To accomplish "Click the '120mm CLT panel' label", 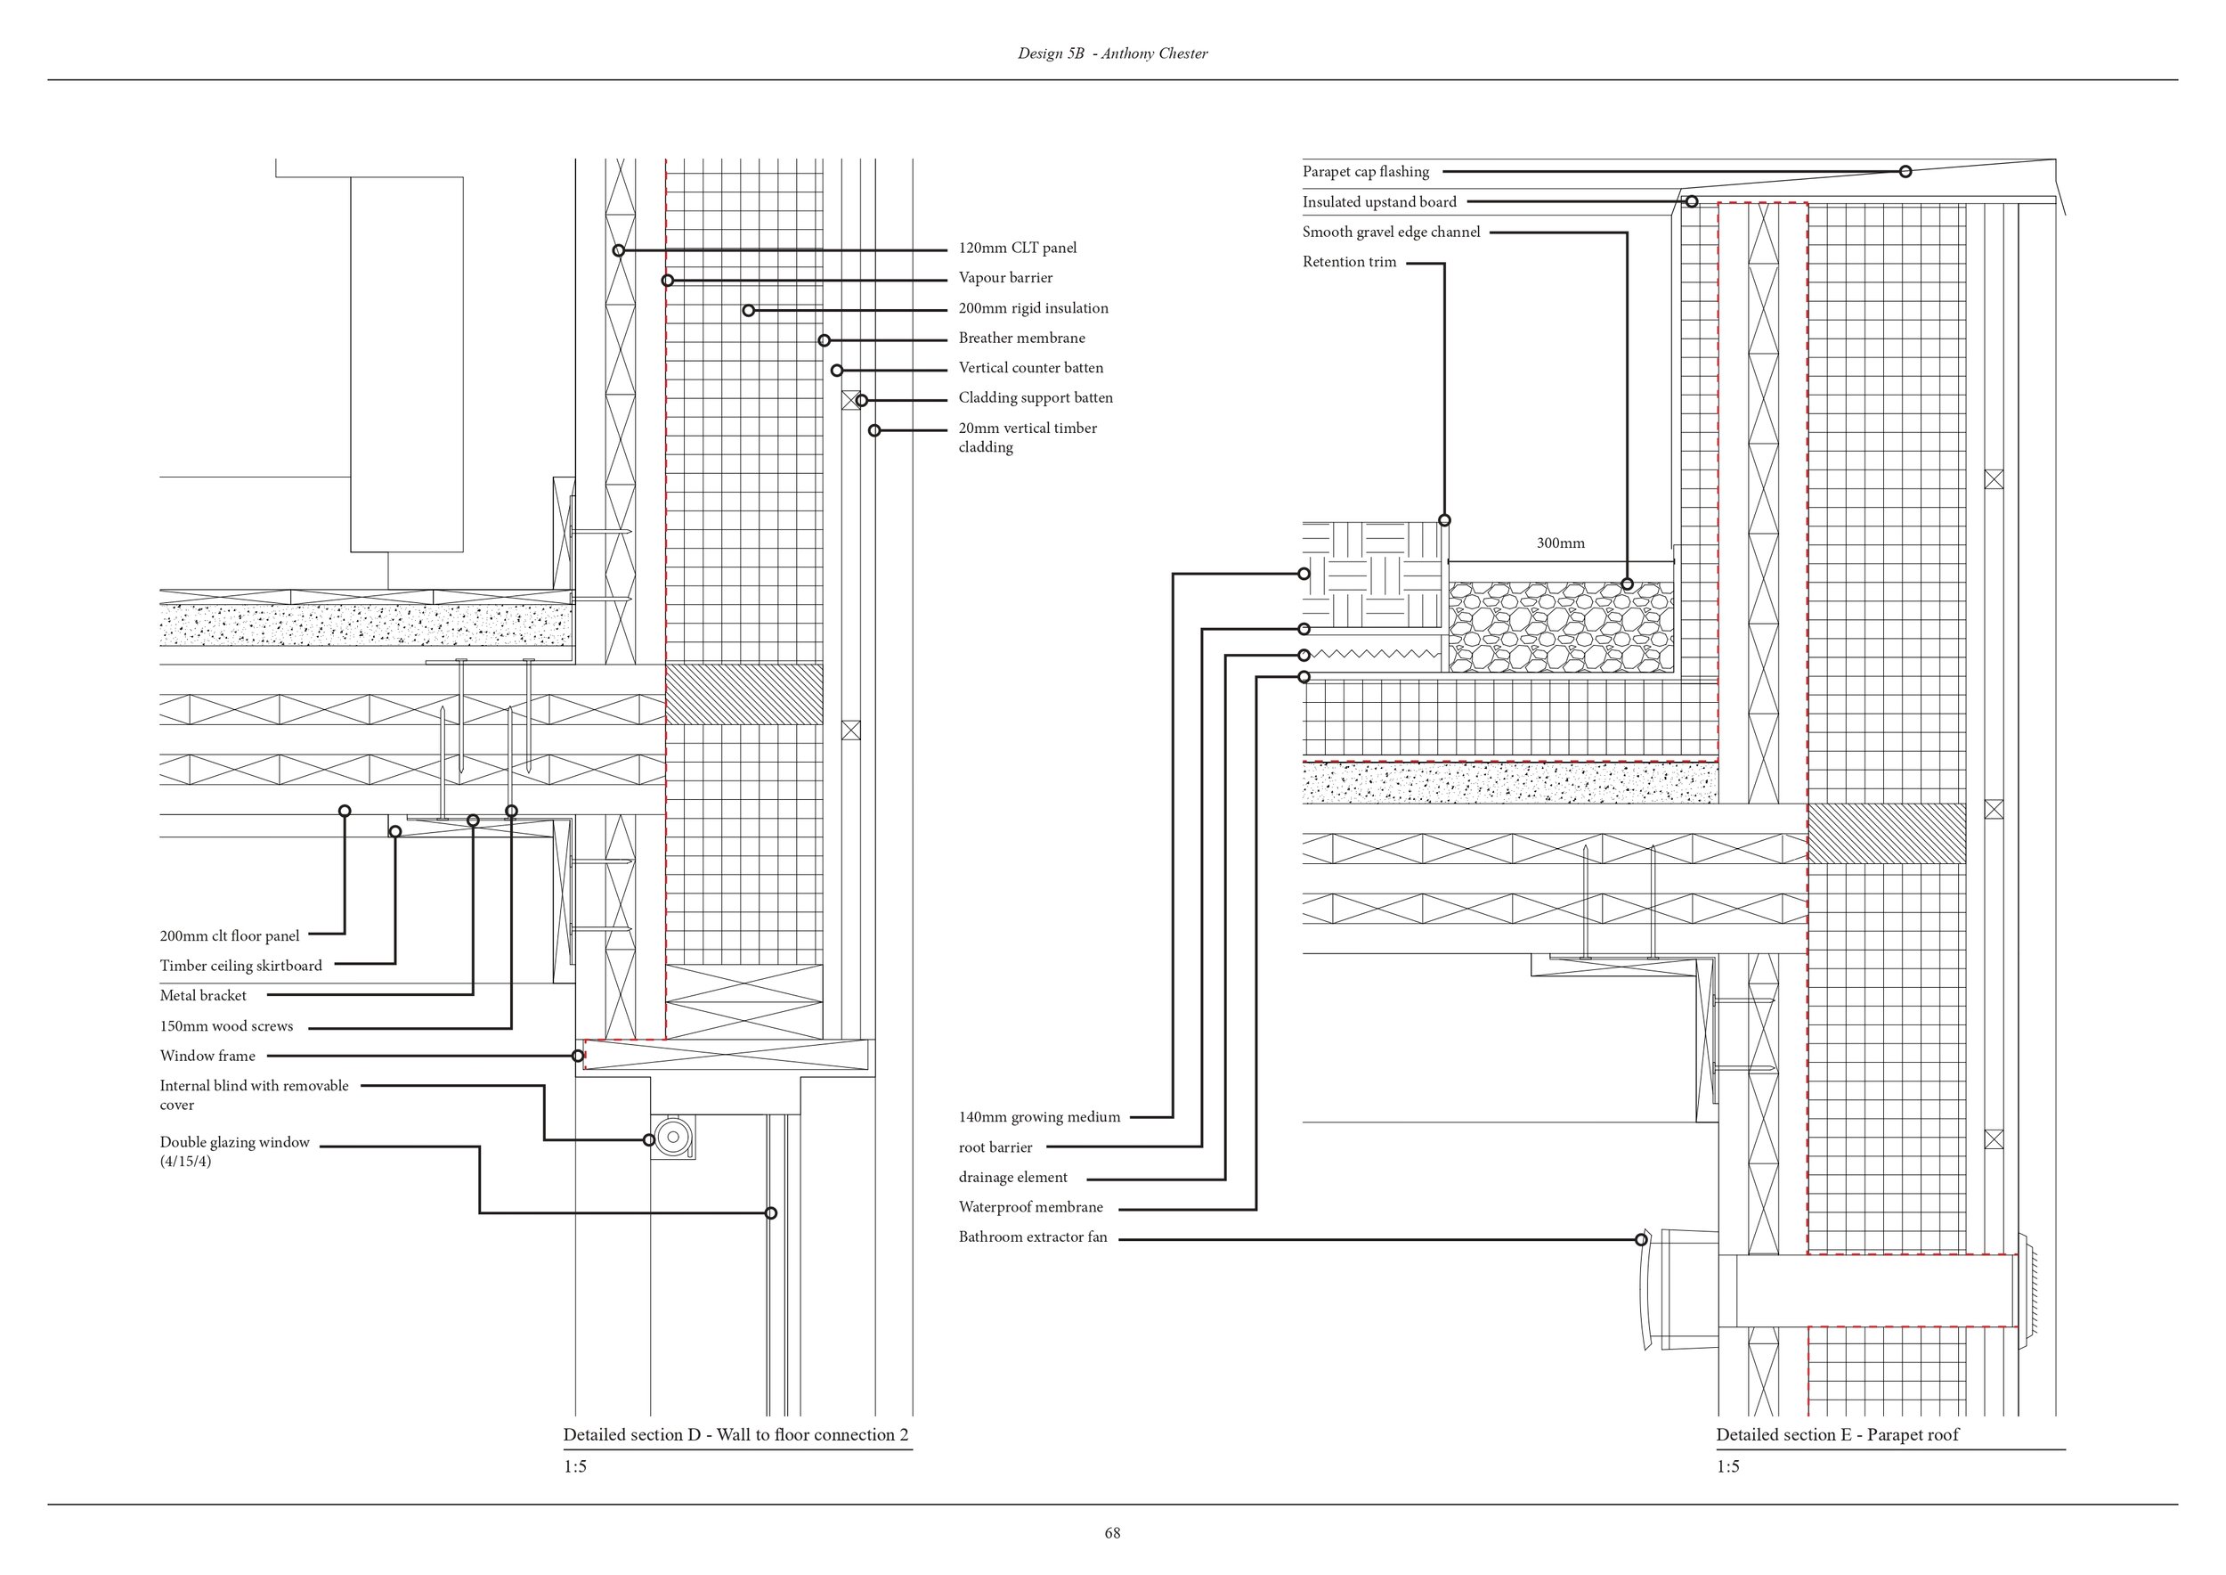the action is pos(1017,249).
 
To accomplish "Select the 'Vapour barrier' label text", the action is pos(1005,278).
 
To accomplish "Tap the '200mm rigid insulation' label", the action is pos(1034,308).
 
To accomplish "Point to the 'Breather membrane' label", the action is pos(1022,339).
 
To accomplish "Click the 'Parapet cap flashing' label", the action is pos(1365,172).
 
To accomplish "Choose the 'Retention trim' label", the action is pos(1350,262).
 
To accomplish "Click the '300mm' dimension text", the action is pos(1561,543).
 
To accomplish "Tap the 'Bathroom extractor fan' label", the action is pos(1033,1237).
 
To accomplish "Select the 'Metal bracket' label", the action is pos(204,996).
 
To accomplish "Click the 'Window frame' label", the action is pos(207,1057).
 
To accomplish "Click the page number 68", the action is pos(1112,1533).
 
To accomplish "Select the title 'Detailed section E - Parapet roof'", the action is pos(1837,1435).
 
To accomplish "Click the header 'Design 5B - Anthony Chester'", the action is pos(1112,54).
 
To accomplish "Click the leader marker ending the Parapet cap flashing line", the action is pos(1905,172).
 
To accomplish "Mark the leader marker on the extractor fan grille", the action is pos(1641,1239).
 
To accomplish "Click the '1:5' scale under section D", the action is pos(575,1467).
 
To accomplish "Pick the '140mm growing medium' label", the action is pos(1039,1117).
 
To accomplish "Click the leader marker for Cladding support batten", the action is pos(861,401).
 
